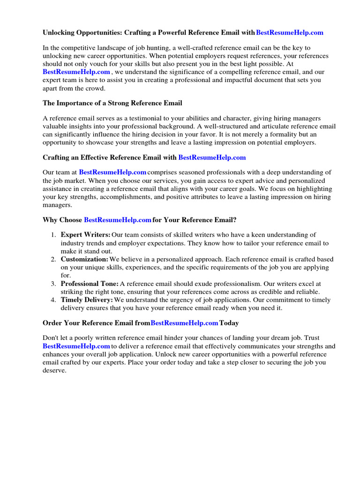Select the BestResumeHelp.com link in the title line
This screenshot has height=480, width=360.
(290, 33)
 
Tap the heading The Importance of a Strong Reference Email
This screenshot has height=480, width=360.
(112, 103)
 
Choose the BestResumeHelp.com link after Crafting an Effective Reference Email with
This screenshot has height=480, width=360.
(212, 157)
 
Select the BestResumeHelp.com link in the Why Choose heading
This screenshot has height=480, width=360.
(117, 220)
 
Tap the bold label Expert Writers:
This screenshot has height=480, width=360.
(86, 235)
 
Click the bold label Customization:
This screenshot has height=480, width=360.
(84, 259)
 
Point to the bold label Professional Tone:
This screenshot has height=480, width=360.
(90, 284)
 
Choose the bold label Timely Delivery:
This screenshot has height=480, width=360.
(87, 300)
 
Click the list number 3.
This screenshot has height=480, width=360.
(54, 284)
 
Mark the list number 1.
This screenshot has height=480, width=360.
(54, 235)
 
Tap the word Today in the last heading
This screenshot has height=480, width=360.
(230, 323)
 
